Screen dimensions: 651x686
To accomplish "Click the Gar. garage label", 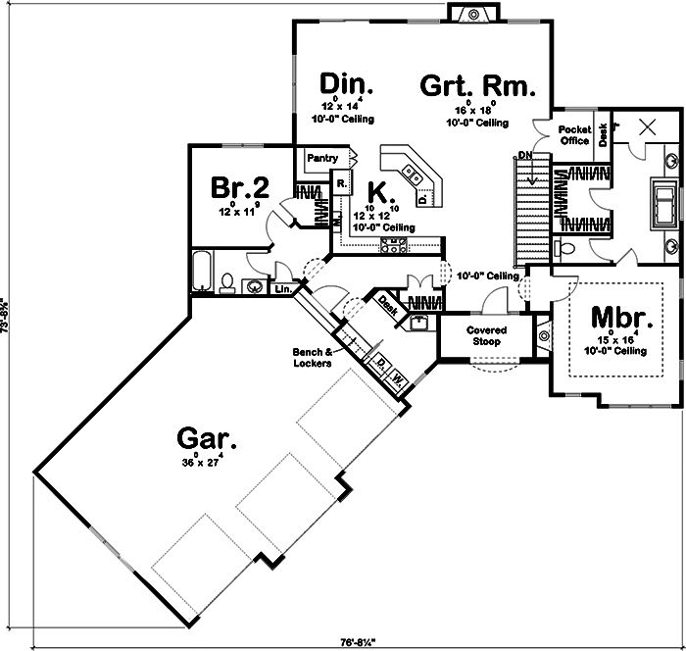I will (x=204, y=438).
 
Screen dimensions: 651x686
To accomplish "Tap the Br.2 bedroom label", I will (x=240, y=186).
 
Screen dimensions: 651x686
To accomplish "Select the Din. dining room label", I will (x=342, y=81).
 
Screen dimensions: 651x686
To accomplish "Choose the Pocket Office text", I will (x=573, y=135).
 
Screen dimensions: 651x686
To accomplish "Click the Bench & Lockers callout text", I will (x=311, y=357).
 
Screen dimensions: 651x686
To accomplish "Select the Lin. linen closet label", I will (x=283, y=289).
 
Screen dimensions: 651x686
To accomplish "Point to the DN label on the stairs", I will (x=525, y=156).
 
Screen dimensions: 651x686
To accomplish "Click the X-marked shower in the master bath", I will (x=647, y=126).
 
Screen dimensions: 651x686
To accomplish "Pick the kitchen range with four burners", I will (x=394, y=246).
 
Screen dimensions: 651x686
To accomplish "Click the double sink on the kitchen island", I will (x=415, y=177).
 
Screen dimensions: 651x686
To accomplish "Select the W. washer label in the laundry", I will (x=398, y=376).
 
